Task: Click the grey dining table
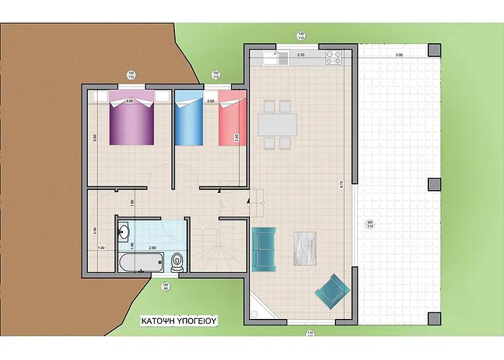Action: tap(277, 125)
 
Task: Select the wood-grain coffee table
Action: tap(306, 249)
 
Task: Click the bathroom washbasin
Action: tap(123, 232)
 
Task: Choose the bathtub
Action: tap(141, 261)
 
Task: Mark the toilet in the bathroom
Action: tap(177, 260)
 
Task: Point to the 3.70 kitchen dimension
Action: tap(301, 55)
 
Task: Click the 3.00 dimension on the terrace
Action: tap(398, 55)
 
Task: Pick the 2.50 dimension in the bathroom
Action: tap(152, 248)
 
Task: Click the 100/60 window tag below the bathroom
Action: tap(165, 287)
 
